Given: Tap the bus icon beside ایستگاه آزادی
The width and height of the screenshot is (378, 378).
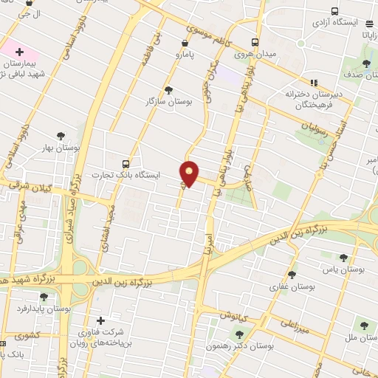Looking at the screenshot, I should coord(335,12).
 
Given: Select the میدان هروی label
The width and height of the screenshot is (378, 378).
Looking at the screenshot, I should coord(255,53).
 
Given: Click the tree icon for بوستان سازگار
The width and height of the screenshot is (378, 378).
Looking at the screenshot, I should coord(168,90).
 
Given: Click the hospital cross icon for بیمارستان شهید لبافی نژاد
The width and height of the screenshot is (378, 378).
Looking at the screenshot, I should coord(19,52).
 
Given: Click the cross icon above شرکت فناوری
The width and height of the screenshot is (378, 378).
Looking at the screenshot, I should coord(101,320).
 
